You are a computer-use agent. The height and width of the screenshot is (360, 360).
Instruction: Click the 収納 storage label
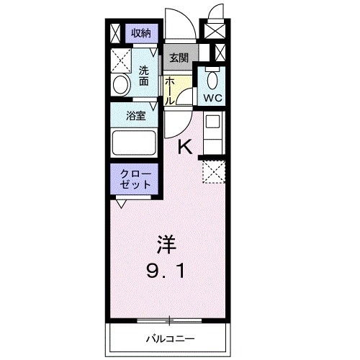pyautogui.click(x=140, y=32)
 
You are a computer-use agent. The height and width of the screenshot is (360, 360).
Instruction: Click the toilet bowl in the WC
pyautogui.click(x=212, y=78)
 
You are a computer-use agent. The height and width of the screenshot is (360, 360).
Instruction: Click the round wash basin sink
pyautogui.click(x=120, y=85)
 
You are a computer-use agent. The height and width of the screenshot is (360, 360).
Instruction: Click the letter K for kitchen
pyautogui.click(x=185, y=148)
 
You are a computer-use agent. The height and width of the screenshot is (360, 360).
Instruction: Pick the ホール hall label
pyautogui.click(x=168, y=91)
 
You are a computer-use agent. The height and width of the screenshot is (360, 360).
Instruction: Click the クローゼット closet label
pyautogui.click(x=135, y=179)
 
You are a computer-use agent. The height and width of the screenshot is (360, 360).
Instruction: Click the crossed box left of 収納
pyautogui.click(x=118, y=32)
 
